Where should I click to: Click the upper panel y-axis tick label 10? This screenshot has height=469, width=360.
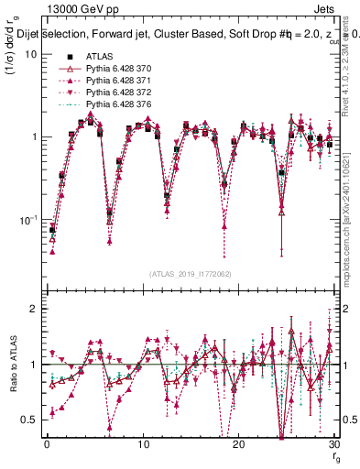(30, 54)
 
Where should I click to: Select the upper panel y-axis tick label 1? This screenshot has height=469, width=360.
(34, 137)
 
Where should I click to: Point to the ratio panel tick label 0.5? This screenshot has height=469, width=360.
(29, 420)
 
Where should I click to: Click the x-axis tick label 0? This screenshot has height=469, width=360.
(47, 444)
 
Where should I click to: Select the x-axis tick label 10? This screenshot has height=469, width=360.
(142, 444)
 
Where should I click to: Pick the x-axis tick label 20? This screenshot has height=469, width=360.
(238, 444)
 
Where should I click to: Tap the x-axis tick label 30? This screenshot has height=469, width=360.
(333, 444)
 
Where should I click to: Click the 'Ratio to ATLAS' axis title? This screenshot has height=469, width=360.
(12, 365)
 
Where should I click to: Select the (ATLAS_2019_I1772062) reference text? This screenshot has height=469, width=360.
(190, 273)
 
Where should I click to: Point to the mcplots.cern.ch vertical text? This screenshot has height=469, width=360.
(353, 229)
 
